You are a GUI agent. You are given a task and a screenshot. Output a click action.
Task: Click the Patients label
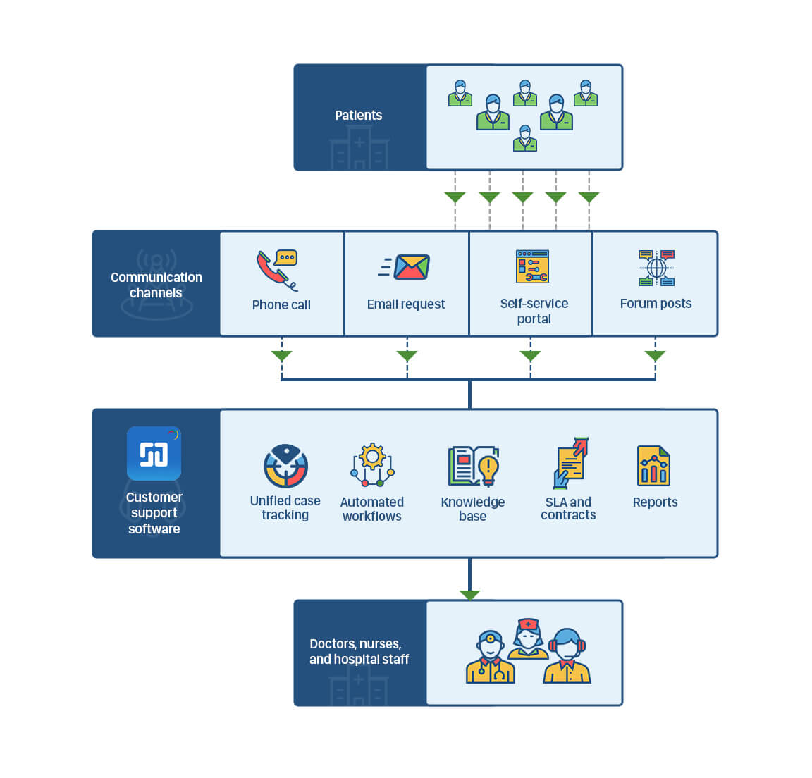(x=358, y=116)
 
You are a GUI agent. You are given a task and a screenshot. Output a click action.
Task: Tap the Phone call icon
(x=277, y=269)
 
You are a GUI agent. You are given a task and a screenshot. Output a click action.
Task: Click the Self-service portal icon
(x=532, y=266)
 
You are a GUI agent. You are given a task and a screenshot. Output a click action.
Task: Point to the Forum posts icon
(x=656, y=268)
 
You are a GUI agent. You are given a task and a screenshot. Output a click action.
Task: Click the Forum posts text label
(x=656, y=304)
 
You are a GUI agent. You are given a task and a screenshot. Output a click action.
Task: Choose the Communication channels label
(x=156, y=285)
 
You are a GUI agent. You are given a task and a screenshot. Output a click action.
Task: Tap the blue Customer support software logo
(x=154, y=453)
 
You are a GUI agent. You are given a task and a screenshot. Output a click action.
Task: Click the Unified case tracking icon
(x=285, y=466)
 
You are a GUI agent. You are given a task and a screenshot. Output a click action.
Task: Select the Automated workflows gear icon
(x=372, y=464)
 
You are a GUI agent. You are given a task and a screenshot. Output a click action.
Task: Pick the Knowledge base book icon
(x=473, y=466)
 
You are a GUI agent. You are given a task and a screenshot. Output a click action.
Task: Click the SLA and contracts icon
(x=570, y=463)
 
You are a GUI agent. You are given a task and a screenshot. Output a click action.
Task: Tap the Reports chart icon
(x=653, y=466)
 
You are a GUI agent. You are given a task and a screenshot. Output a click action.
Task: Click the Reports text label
(x=655, y=502)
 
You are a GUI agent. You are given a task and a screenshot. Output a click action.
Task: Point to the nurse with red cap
(x=528, y=638)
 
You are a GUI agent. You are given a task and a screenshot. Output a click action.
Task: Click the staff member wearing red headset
(x=567, y=657)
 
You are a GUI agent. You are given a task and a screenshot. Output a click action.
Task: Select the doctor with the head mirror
(x=491, y=657)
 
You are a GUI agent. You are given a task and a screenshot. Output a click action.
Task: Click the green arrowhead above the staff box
(x=469, y=595)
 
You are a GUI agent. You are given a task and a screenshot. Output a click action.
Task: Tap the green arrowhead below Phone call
(x=281, y=356)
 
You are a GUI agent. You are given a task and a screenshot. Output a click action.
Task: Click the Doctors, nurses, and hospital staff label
(x=359, y=652)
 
